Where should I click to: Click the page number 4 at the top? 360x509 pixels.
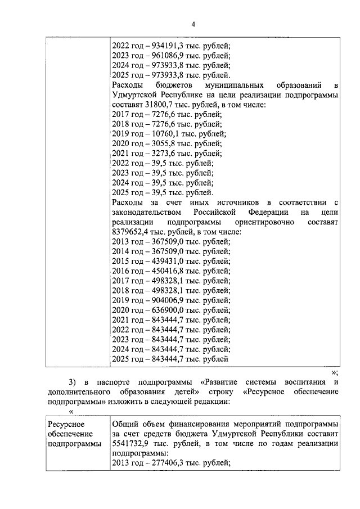pos(193,24)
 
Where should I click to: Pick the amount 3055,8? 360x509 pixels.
pos(159,143)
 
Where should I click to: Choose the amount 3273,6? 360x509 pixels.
pos(159,153)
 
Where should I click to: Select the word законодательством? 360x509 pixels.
pos(147,212)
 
